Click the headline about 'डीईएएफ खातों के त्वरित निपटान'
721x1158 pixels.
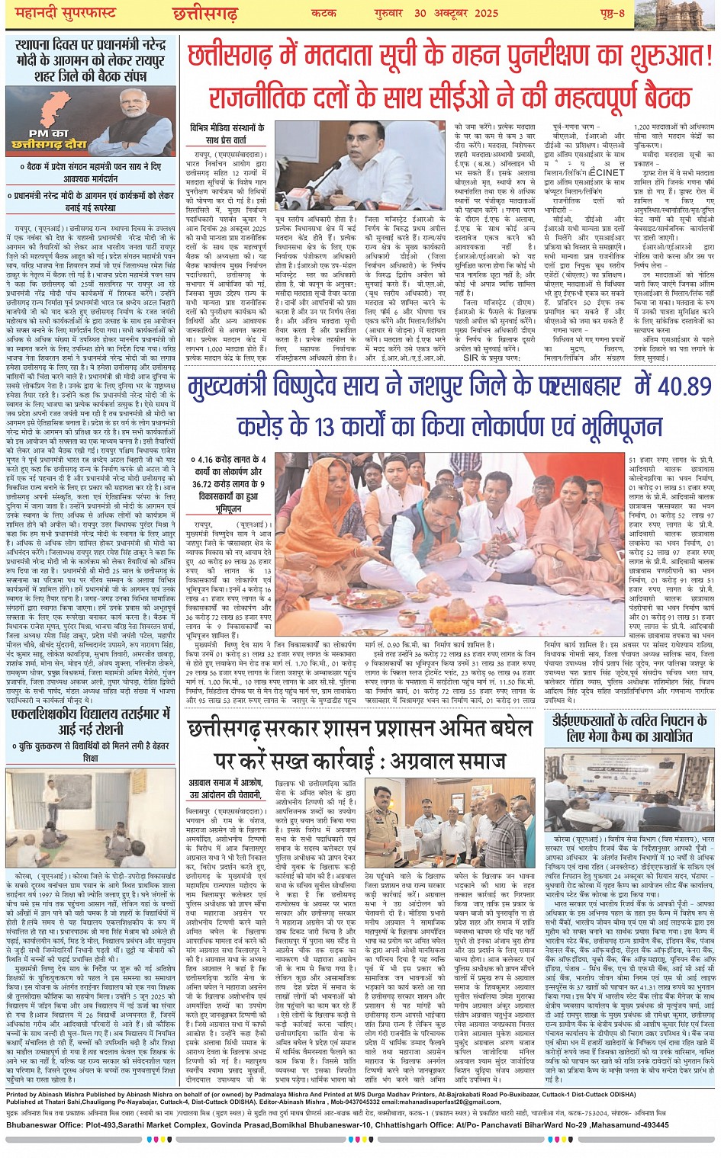pyautogui.click(x=629, y=728)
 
